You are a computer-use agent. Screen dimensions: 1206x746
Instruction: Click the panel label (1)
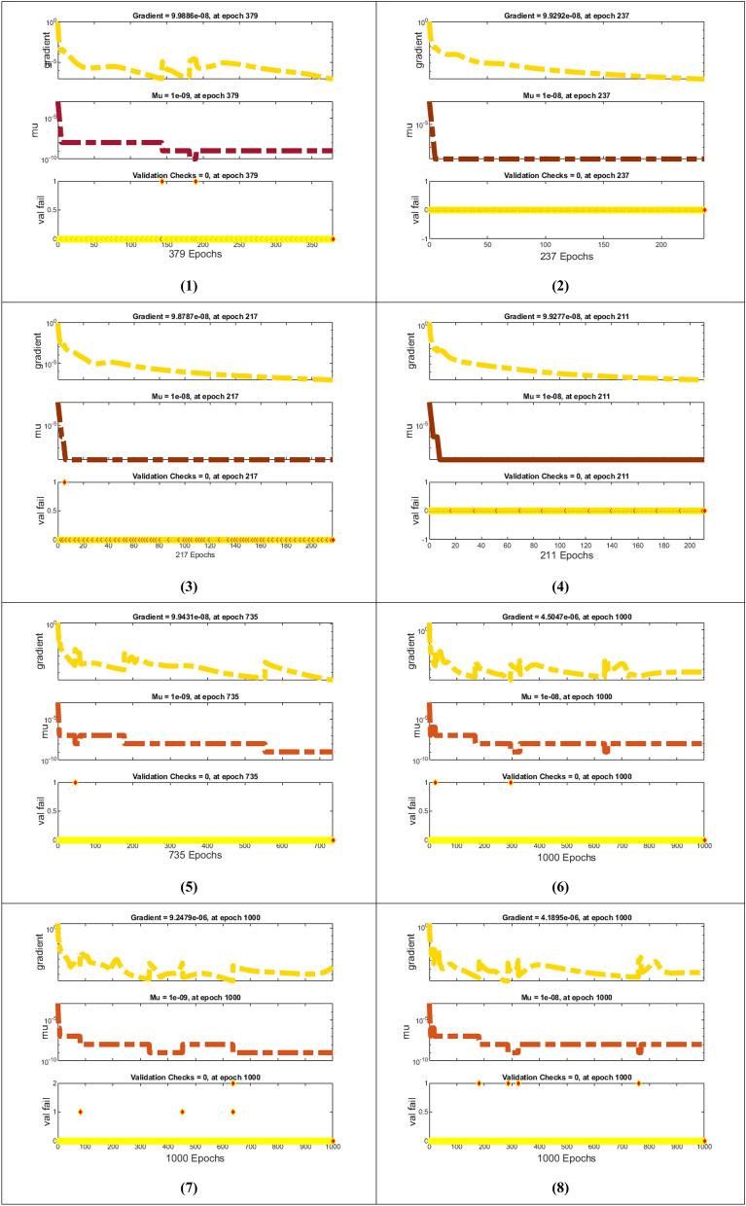tap(188, 287)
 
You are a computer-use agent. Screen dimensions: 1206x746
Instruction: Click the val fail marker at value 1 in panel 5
tap(75, 783)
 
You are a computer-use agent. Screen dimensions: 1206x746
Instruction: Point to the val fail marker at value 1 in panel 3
tap(64, 482)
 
